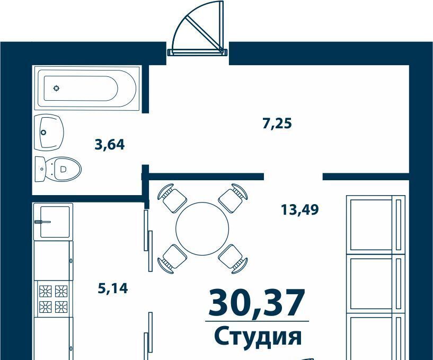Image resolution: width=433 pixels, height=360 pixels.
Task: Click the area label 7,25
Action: (x=277, y=123)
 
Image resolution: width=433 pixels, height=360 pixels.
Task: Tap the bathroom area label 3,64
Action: (x=110, y=145)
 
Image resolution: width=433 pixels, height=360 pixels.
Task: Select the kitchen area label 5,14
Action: (x=113, y=288)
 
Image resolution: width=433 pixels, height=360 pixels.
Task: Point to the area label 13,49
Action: (x=300, y=209)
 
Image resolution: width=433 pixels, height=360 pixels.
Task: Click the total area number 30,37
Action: (x=257, y=303)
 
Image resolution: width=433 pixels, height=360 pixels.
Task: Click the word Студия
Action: (x=258, y=336)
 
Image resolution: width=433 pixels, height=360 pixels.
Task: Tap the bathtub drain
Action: (x=56, y=89)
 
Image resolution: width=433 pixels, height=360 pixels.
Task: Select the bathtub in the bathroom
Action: (x=87, y=88)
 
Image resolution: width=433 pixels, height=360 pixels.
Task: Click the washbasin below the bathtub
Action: (x=49, y=133)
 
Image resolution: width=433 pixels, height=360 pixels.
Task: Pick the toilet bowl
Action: (x=58, y=169)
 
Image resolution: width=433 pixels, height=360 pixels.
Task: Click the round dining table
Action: (x=202, y=229)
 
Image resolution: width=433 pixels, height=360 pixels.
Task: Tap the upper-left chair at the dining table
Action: (x=172, y=198)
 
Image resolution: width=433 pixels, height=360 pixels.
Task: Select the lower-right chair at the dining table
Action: (x=233, y=259)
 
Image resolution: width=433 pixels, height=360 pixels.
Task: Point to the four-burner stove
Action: (x=54, y=299)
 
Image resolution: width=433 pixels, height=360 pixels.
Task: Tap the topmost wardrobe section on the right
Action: (x=376, y=224)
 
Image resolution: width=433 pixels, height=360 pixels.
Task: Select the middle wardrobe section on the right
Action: (x=376, y=283)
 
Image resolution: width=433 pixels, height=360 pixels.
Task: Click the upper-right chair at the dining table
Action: (x=233, y=198)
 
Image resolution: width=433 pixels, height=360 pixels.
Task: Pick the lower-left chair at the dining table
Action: (x=172, y=259)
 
